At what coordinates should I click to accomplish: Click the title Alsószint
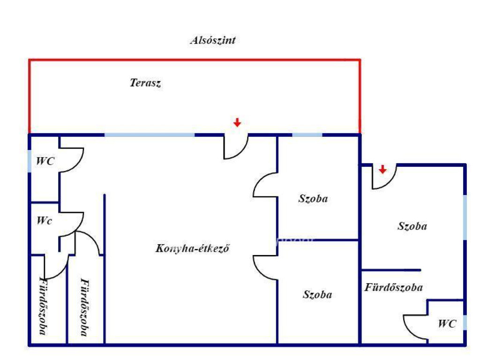click(x=213, y=40)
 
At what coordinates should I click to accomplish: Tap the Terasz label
click(x=145, y=82)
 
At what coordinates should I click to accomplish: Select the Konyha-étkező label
click(x=192, y=248)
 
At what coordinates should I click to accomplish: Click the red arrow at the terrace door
click(x=237, y=122)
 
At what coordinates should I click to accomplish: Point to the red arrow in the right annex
click(x=382, y=169)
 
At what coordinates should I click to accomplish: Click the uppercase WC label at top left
click(x=45, y=161)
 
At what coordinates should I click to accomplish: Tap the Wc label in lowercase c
click(x=45, y=220)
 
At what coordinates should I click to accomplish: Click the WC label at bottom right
click(x=447, y=323)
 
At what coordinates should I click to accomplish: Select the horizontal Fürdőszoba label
click(x=394, y=287)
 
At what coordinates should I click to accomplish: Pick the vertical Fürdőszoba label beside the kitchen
click(x=85, y=307)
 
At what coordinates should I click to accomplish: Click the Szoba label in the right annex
click(x=412, y=226)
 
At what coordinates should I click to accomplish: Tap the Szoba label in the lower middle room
click(x=317, y=294)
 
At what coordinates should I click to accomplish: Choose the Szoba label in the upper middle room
click(x=313, y=199)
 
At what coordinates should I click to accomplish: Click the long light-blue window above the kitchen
click(x=150, y=135)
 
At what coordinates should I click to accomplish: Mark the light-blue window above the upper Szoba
click(x=307, y=135)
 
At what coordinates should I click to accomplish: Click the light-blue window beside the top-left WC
click(x=30, y=161)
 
